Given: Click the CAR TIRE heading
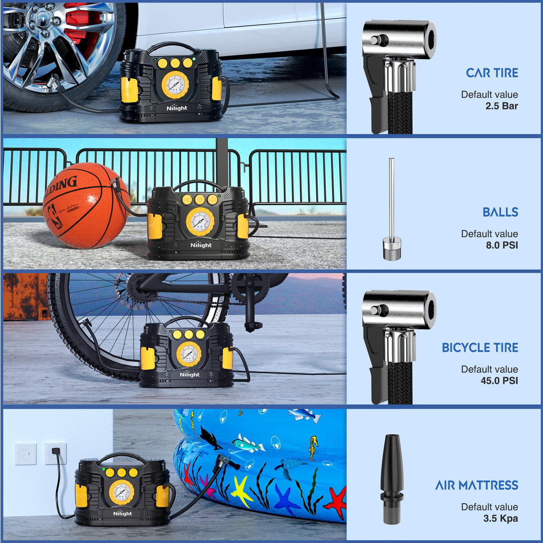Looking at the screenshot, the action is tap(492, 73).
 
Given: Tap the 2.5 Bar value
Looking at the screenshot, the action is tap(501, 106).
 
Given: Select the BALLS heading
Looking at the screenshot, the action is tap(500, 212).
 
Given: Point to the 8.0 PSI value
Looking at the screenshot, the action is tap(502, 245).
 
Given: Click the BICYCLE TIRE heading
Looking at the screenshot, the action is tap(480, 348).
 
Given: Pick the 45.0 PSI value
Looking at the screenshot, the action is tap(499, 381).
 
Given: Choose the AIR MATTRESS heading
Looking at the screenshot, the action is tap(477, 485).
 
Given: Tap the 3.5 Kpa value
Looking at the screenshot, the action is tap(501, 519).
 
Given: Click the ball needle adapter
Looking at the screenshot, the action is tap(392, 209).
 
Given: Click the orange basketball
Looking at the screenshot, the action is tap(86, 205).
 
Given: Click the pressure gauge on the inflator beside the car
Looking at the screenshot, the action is tap(175, 85).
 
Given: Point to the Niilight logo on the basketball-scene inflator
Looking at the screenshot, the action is tap(201, 245).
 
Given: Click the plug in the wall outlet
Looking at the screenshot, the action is tap(55, 451).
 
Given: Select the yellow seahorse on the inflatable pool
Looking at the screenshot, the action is tap(313, 448).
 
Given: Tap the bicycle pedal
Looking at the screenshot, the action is tap(253, 327).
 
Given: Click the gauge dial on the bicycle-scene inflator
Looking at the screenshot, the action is tap(189, 354).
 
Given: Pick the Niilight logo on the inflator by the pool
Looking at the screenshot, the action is tap(123, 514).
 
